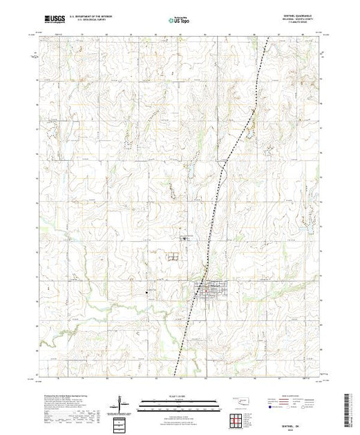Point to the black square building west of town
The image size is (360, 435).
pyautogui.click(x=148, y=298)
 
